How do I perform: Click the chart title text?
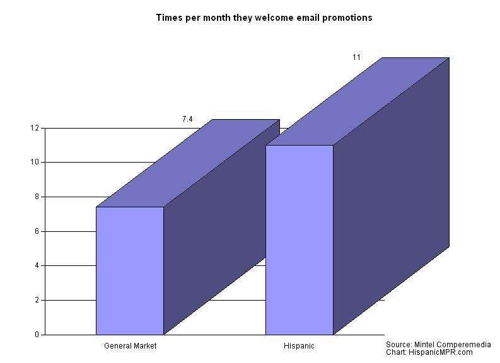tap(264, 18)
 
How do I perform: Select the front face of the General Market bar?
tap(130, 270)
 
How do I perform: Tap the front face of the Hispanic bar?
tap(299, 240)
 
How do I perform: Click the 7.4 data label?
tap(187, 119)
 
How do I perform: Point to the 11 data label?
tap(356, 57)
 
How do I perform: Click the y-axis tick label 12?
tap(35, 128)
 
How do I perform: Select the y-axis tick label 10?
tap(35, 162)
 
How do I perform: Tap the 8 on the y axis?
tap(37, 197)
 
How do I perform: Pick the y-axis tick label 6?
tap(37, 231)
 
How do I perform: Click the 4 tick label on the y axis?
tap(37, 265)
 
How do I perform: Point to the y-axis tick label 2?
tap(37, 300)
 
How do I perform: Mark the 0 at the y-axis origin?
tap(37, 335)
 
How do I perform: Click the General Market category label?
tap(130, 346)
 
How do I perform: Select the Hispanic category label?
tap(299, 346)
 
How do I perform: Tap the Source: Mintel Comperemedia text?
tap(438, 345)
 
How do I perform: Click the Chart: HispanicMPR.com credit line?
tap(429, 352)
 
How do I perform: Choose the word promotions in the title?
tap(347, 18)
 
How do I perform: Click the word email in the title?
tap(308, 18)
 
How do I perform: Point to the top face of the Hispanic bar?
tap(358, 101)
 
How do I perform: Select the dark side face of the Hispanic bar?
tap(392, 196)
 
